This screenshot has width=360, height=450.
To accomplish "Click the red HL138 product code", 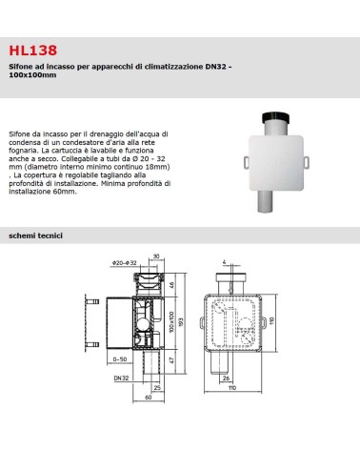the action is [x=33, y=51].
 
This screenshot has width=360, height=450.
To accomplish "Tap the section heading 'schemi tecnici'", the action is [x=35, y=235].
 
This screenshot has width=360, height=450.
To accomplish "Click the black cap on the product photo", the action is [x=276, y=118].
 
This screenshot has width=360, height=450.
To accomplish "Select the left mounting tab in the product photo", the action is [x=247, y=162].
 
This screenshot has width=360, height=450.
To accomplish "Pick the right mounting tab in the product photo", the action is [x=306, y=162].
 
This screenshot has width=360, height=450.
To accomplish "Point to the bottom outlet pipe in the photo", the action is [x=265, y=201].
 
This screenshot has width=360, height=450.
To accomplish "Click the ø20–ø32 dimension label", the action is [x=124, y=263].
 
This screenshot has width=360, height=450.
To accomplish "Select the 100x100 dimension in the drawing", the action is [x=171, y=322].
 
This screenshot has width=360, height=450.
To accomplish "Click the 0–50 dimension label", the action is [x=120, y=359].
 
